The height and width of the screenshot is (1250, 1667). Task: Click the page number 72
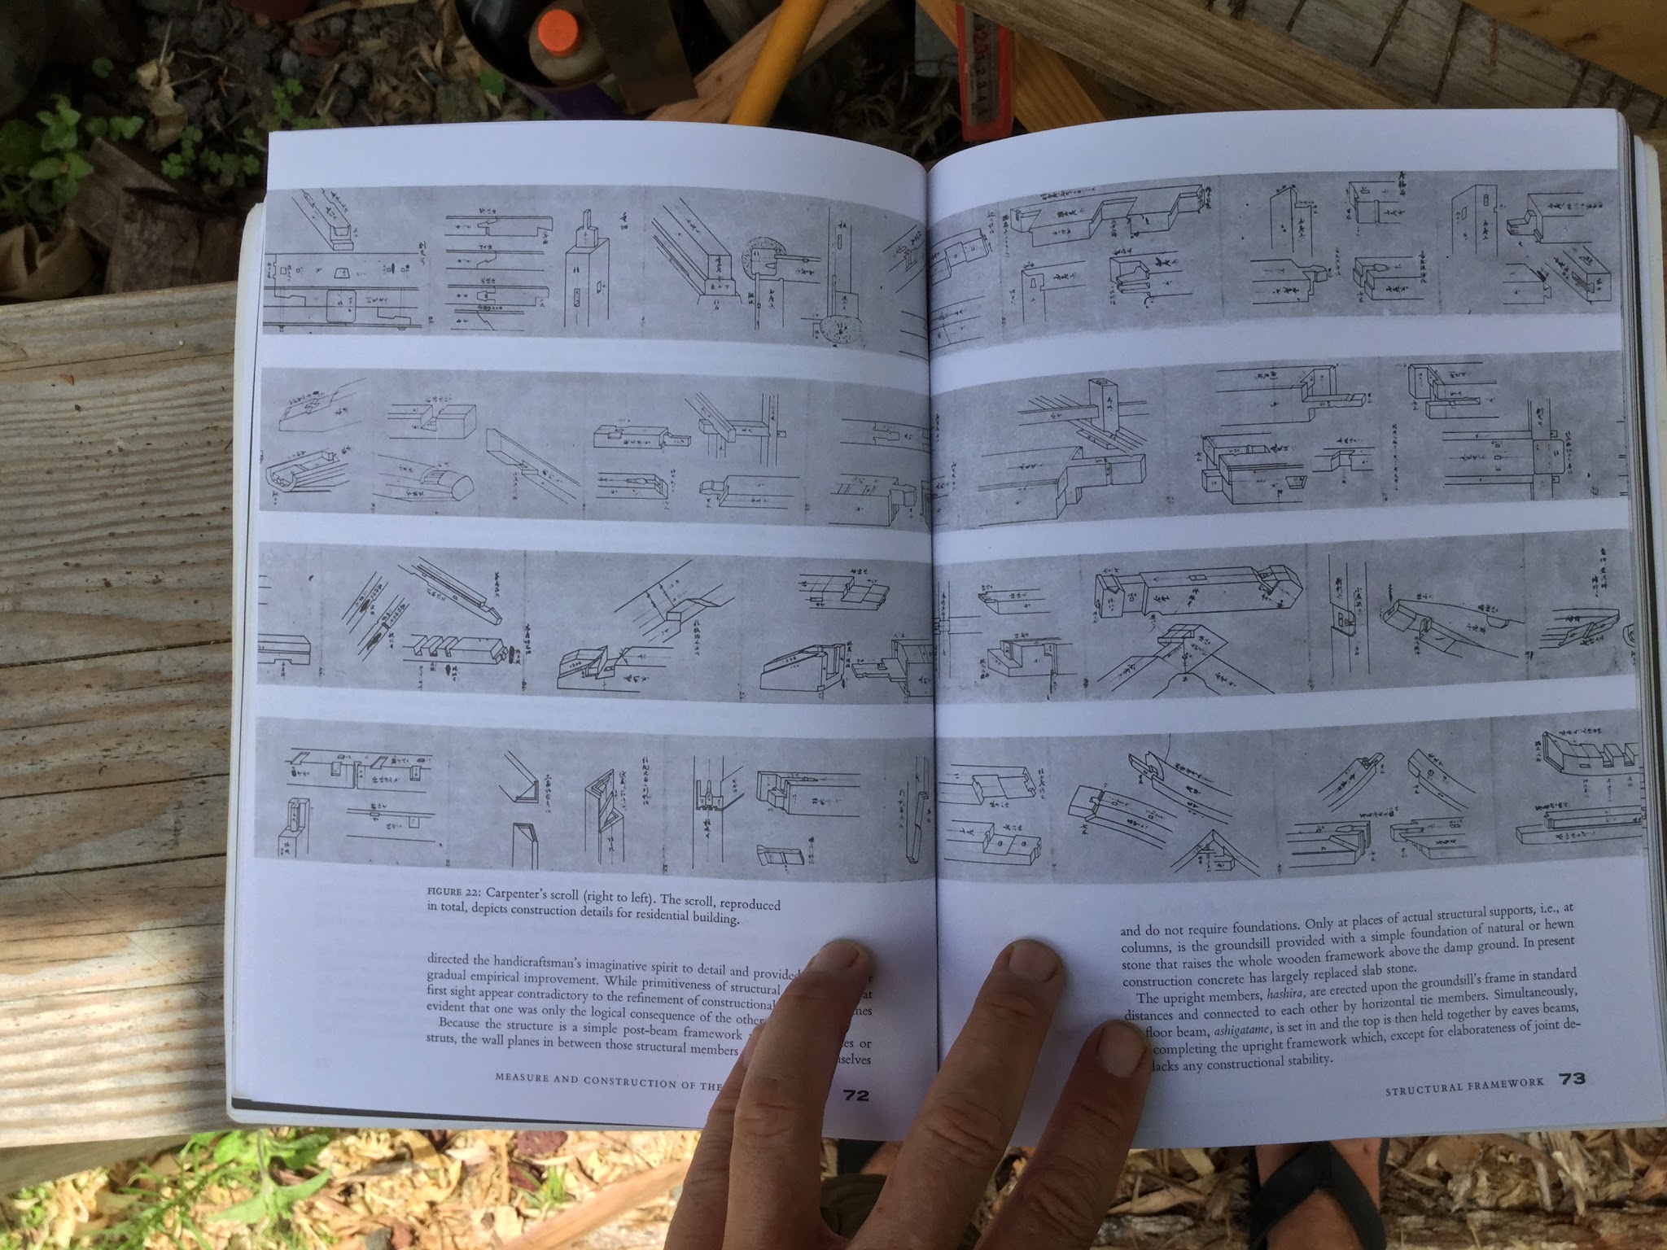pos(856,1095)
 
